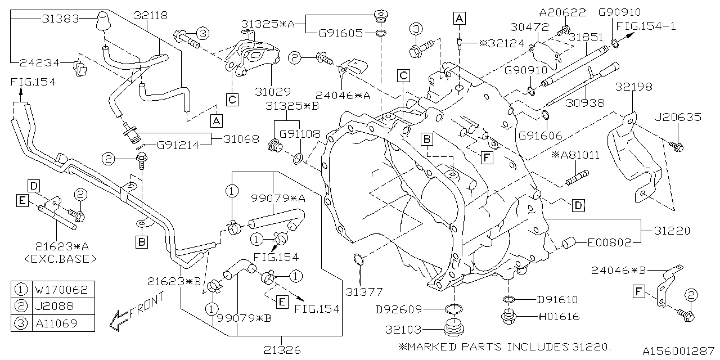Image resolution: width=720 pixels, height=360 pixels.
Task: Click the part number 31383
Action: pos(60,19)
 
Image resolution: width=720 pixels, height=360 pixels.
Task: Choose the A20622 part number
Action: pos(562,12)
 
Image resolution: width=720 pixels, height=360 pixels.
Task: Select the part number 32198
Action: pos(634,87)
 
